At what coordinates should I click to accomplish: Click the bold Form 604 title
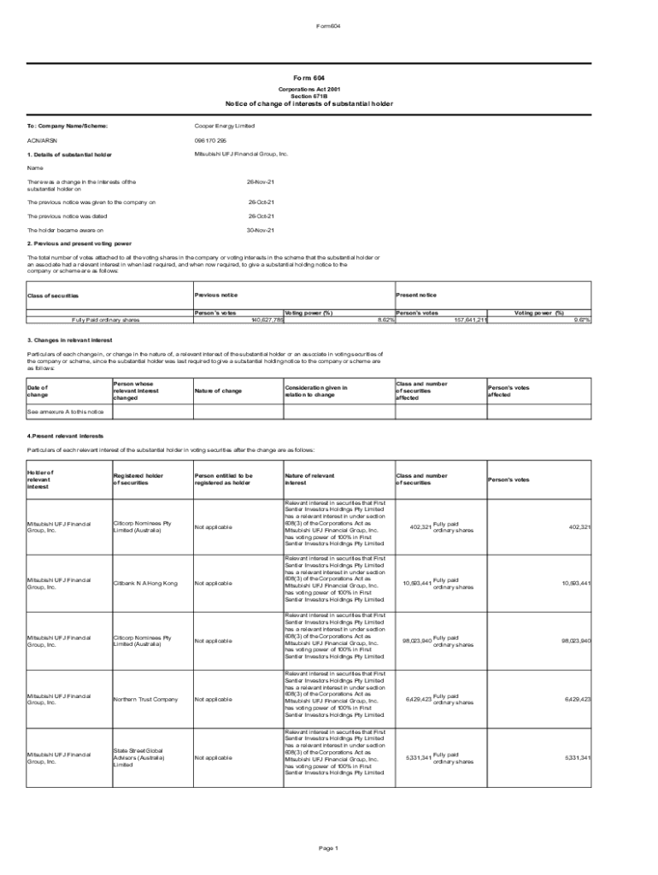point(308,78)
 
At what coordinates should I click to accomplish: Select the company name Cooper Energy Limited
point(225,126)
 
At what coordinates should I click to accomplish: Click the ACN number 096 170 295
point(210,139)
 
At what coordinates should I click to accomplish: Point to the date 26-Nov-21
point(260,182)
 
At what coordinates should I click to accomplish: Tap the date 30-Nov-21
point(260,230)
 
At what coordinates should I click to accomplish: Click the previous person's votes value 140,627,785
point(267,320)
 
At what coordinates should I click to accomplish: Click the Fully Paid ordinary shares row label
point(106,320)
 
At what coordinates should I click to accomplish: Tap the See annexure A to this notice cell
point(66,411)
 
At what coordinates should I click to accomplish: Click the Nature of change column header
point(218,391)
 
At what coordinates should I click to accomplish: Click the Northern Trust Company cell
point(145,699)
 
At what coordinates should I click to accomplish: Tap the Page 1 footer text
point(329,848)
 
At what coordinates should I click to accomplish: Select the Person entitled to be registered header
point(223,479)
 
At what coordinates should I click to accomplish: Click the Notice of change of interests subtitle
point(308,103)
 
